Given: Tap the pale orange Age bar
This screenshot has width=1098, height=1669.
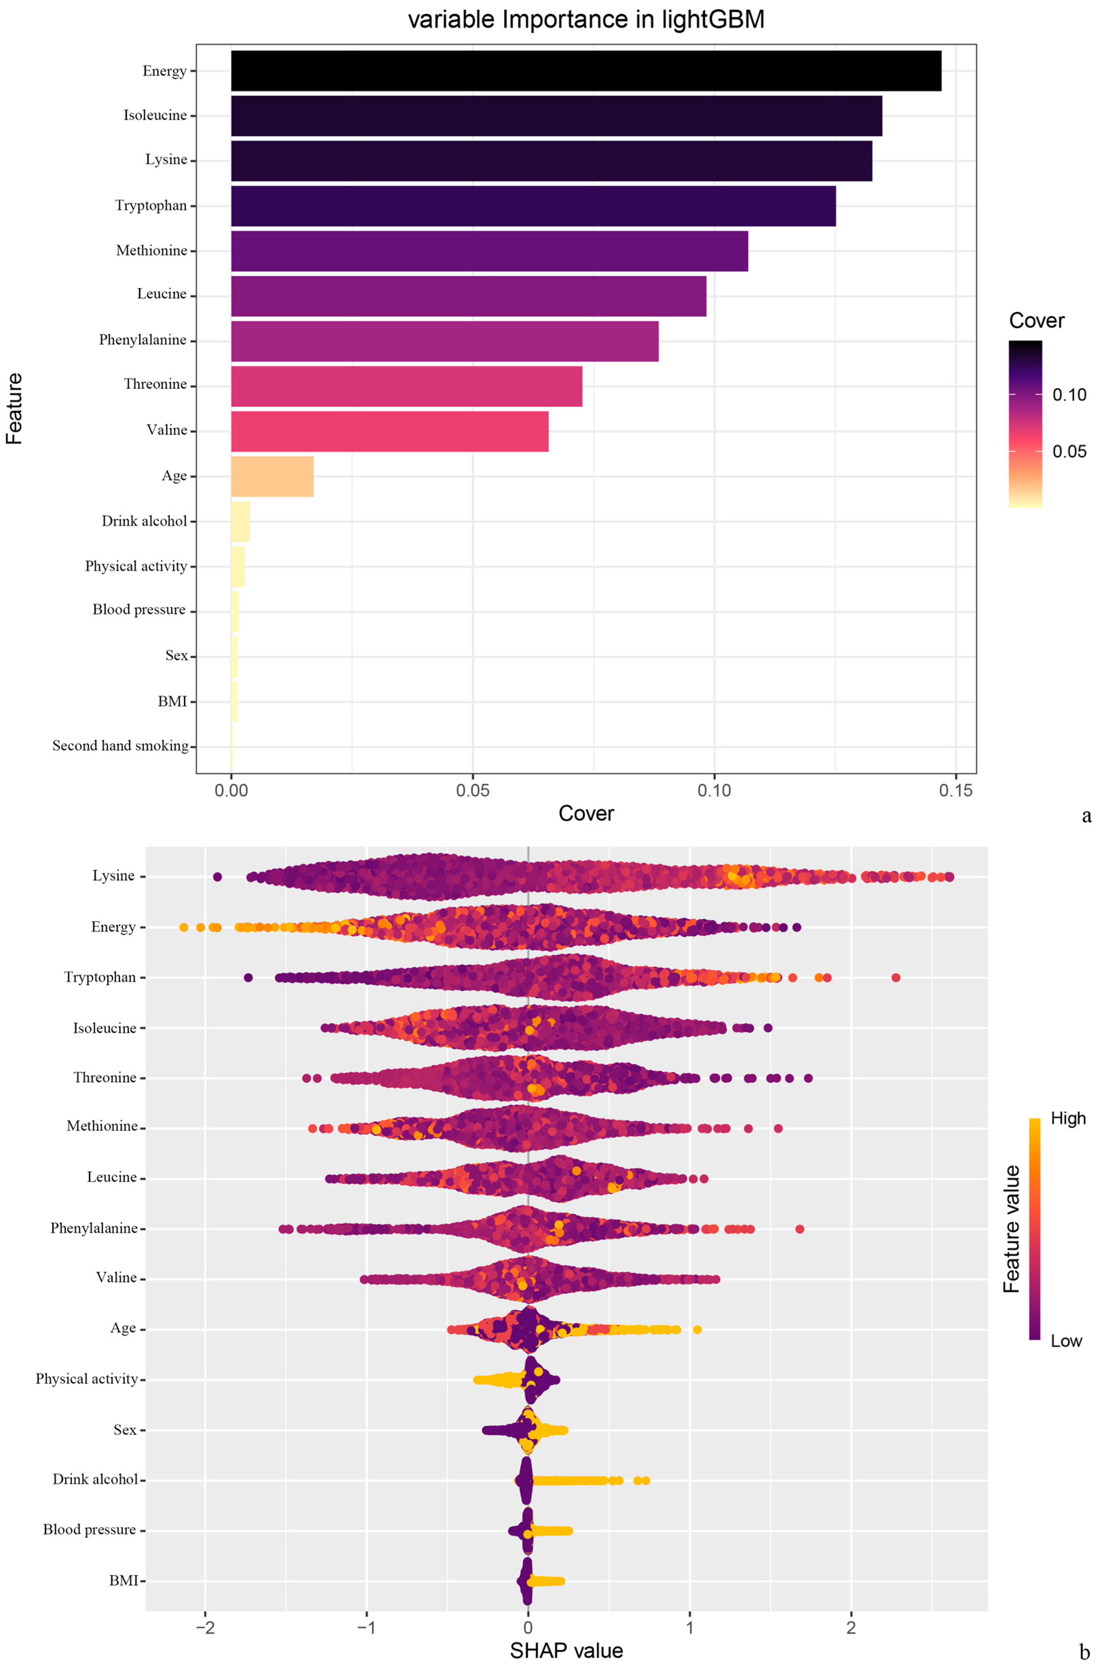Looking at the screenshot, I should coord(272,476).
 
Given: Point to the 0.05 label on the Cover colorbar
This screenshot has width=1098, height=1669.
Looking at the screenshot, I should coord(1069,451).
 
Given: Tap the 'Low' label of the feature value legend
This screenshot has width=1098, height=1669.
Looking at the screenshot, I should coord(1066,1341).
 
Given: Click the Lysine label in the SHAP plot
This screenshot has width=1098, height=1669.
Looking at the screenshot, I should coord(114,876).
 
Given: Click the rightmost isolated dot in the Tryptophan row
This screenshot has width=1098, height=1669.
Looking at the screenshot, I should coord(895,978).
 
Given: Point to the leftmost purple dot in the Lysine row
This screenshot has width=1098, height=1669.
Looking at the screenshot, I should coord(217,877).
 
